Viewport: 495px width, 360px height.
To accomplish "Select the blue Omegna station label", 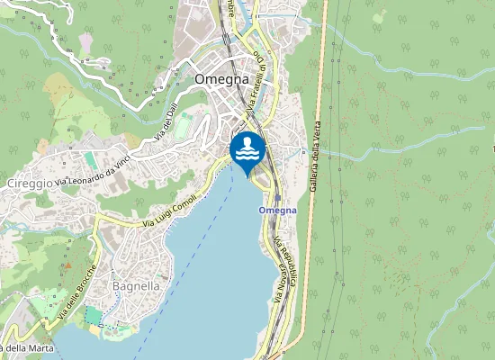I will tap(277, 210).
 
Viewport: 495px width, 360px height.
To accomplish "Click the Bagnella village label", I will tap(136, 285).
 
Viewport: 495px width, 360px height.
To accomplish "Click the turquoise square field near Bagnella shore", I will tap(94, 316).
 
